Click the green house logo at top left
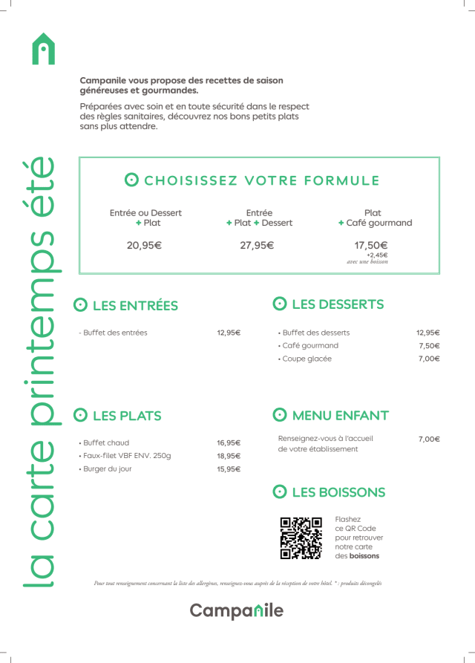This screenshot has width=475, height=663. [45, 49]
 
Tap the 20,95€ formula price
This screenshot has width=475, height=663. [144, 246]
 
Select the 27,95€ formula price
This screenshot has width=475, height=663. [257, 246]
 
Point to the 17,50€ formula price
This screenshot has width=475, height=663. [371, 246]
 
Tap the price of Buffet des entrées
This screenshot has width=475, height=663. [229, 333]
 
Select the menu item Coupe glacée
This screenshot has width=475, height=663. [307, 359]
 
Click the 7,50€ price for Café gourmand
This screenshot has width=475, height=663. [429, 346]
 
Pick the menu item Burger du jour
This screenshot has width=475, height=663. [107, 469]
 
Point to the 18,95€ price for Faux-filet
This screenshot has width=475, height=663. [229, 456]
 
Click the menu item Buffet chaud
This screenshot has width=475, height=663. [105, 443]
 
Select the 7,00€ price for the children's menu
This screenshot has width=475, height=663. [429, 440]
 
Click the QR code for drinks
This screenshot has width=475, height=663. [301, 538]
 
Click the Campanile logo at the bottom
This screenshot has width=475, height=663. [237, 610]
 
